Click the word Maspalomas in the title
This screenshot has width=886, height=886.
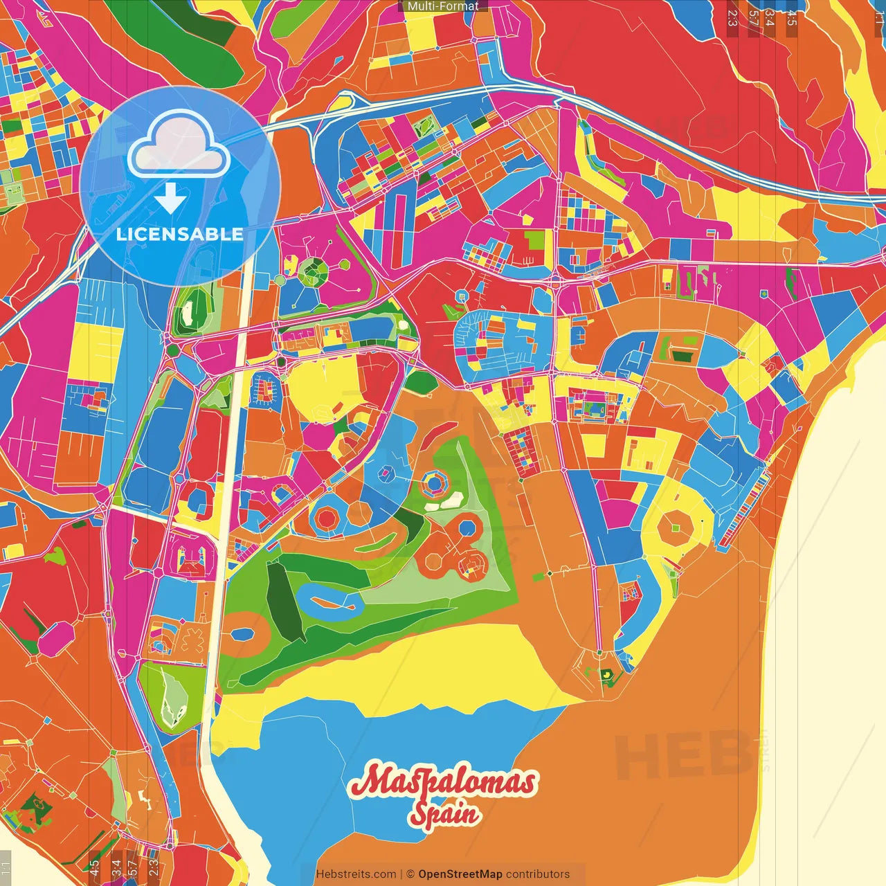443,782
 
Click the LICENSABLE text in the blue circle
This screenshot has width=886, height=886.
179,234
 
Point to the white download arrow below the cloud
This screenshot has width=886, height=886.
170,198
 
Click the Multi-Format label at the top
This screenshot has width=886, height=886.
443,6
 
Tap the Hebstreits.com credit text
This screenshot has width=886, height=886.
356,874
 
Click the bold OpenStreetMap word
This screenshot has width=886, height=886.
460,874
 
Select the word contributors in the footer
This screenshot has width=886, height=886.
538,874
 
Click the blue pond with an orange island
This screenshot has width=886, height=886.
332,602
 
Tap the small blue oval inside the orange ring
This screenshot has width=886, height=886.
243,635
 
